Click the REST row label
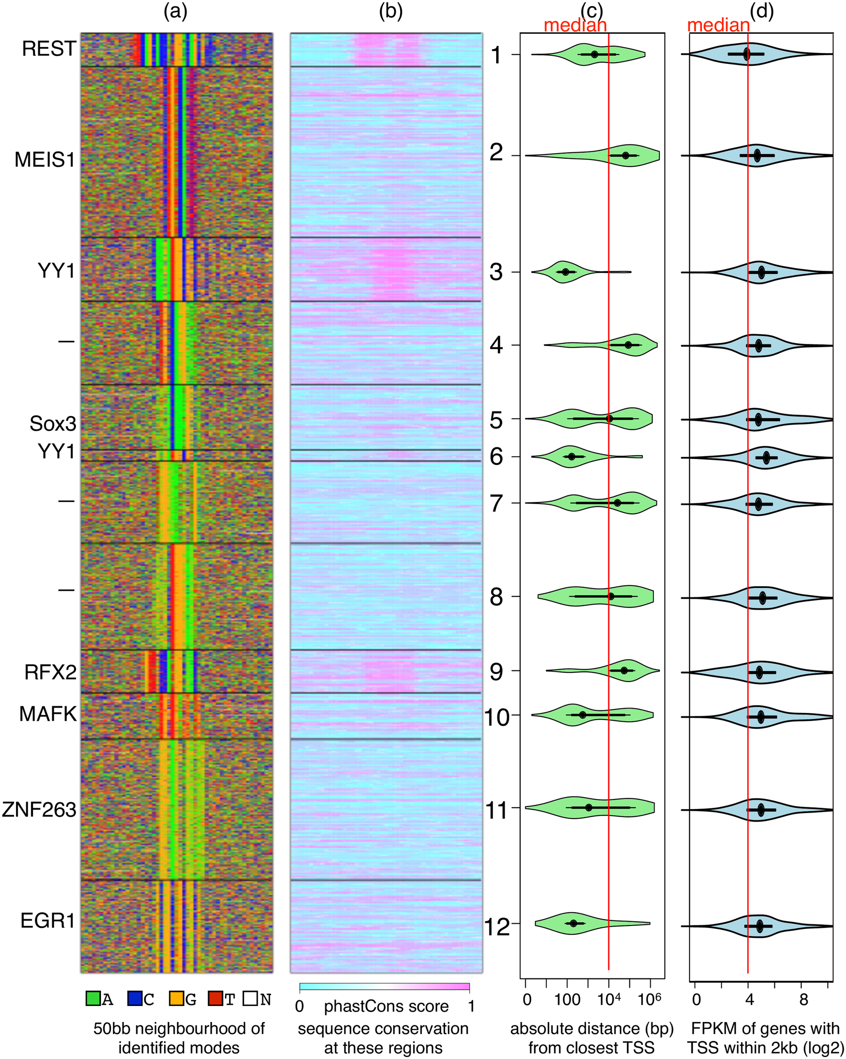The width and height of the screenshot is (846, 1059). click(49, 48)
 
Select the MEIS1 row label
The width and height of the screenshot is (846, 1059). click(45, 160)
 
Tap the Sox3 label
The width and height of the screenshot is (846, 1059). click(53, 423)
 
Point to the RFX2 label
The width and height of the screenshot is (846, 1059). click(51, 672)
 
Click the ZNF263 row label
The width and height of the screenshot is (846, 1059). click(39, 809)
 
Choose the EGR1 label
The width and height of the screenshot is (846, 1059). click(48, 921)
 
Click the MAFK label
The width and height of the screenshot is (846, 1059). click(48, 714)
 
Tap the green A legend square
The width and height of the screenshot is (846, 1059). click(93, 999)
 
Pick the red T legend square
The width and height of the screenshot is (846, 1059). click(215, 999)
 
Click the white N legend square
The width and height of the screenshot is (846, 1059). click(250, 999)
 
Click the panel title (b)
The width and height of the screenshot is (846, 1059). click(391, 11)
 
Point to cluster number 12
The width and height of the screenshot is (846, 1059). click(497, 927)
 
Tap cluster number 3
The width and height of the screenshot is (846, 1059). click(496, 271)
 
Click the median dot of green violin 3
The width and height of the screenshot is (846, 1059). click(565, 271)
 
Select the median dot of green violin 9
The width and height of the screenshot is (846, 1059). click(624, 671)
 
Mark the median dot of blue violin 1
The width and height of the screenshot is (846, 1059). click(747, 54)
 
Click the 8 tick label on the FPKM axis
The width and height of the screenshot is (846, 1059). click(803, 1000)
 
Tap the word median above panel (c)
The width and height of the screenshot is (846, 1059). click(575, 25)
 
